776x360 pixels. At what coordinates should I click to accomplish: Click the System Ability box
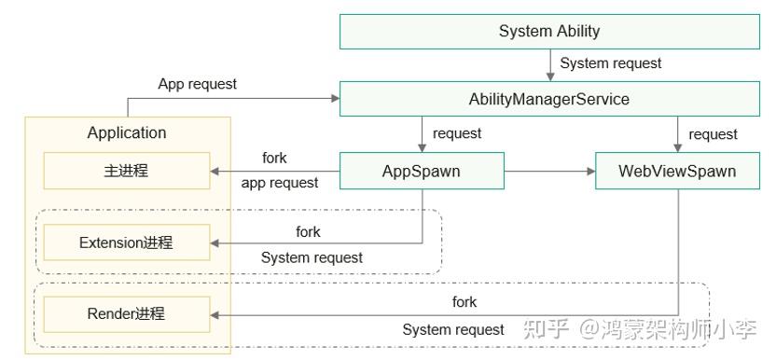(549, 31)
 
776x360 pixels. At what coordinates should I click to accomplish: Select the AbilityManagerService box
(549, 99)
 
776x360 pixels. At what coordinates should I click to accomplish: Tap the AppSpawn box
(421, 172)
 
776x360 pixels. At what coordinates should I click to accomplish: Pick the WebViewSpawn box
(677, 172)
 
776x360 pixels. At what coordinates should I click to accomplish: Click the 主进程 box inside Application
(126, 172)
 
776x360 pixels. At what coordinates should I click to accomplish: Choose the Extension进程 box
(126, 242)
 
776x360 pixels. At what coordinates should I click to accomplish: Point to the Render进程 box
(126, 313)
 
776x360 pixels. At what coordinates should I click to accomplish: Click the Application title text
(127, 133)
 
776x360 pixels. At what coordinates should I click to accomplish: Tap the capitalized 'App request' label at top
(197, 84)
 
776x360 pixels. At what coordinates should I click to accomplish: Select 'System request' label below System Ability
(611, 63)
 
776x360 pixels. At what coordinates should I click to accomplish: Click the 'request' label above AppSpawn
(457, 133)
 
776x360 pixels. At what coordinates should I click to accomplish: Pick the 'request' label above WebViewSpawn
(713, 134)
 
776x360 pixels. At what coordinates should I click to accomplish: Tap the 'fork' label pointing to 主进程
(274, 158)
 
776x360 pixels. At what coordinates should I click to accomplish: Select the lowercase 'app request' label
(279, 183)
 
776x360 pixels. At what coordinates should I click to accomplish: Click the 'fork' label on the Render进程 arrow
(464, 301)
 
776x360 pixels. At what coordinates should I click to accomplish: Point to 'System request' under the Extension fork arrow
(312, 257)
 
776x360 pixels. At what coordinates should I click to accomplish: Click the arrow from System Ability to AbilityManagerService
(549, 64)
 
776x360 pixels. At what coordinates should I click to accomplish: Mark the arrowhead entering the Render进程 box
(216, 314)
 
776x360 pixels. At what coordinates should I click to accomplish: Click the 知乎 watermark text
(546, 328)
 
